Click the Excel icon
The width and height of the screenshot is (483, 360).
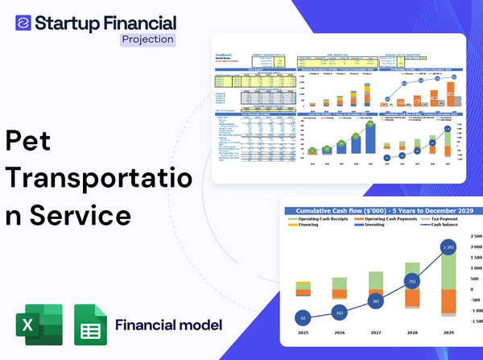[x=38, y=325]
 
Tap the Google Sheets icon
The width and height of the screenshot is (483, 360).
[x=91, y=325]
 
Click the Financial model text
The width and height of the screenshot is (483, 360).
[x=168, y=325]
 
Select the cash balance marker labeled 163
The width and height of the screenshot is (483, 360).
[x=338, y=312]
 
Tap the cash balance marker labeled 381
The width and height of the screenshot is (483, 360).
[x=375, y=301]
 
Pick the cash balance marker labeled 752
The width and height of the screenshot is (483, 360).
[x=411, y=282]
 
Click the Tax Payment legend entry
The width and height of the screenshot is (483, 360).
[x=447, y=221]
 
